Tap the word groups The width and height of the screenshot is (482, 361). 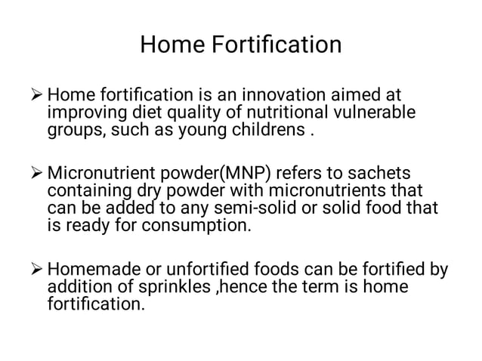point(75,130)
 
